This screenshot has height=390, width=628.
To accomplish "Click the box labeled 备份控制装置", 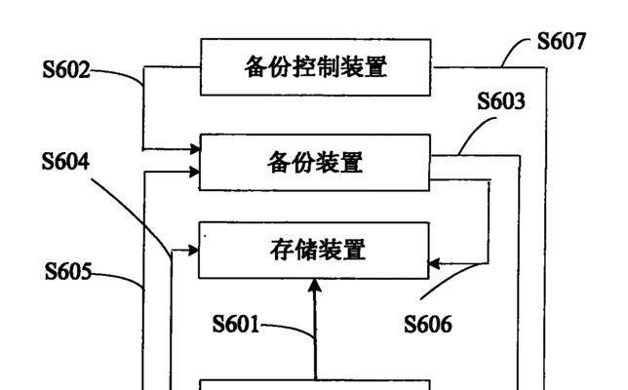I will point(315,67).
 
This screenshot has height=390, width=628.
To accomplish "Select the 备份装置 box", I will point(315,162).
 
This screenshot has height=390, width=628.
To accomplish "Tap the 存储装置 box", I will point(315,251).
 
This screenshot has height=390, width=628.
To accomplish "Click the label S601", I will point(236,325).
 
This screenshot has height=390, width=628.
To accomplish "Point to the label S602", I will point(66,70).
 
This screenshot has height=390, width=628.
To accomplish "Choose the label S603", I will point(501,100).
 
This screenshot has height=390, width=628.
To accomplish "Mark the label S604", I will point(66,161).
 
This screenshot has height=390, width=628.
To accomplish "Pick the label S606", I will point(428,325).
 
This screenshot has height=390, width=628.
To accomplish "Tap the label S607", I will point(561,41).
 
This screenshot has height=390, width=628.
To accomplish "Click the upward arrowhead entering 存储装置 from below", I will point(315,285).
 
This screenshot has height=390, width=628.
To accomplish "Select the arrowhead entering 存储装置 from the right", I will point(436,263).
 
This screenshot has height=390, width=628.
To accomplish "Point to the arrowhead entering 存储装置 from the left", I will point(193,251).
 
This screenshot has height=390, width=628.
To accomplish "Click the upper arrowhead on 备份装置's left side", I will point(193,149).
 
